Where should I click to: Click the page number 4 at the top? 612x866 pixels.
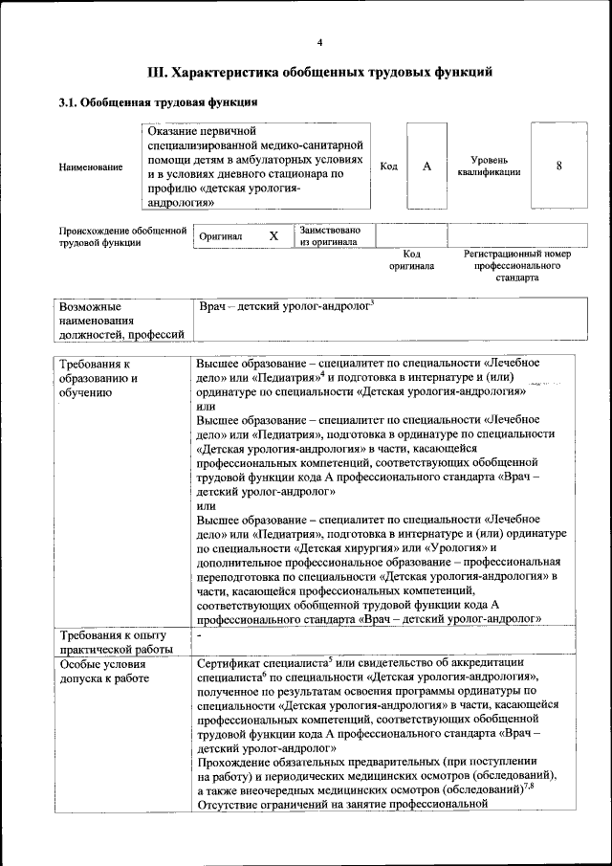[x=319, y=43]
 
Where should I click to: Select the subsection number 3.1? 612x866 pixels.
[x=69, y=101]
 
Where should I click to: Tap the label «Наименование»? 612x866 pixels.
[x=91, y=167]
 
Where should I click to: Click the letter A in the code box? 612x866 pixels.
[x=427, y=167]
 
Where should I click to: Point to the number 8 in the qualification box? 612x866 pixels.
[x=559, y=166]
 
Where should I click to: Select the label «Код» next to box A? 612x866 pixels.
[x=389, y=167]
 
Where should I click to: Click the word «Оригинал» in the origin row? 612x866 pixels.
[x=221, y=236]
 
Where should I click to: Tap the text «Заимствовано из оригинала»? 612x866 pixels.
[x=330, y=236]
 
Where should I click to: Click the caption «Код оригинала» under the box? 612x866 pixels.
[x=411, y=259]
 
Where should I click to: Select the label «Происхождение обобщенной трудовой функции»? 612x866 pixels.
[x=121, y=236]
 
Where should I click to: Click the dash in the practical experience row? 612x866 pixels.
[x=200, y=634]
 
